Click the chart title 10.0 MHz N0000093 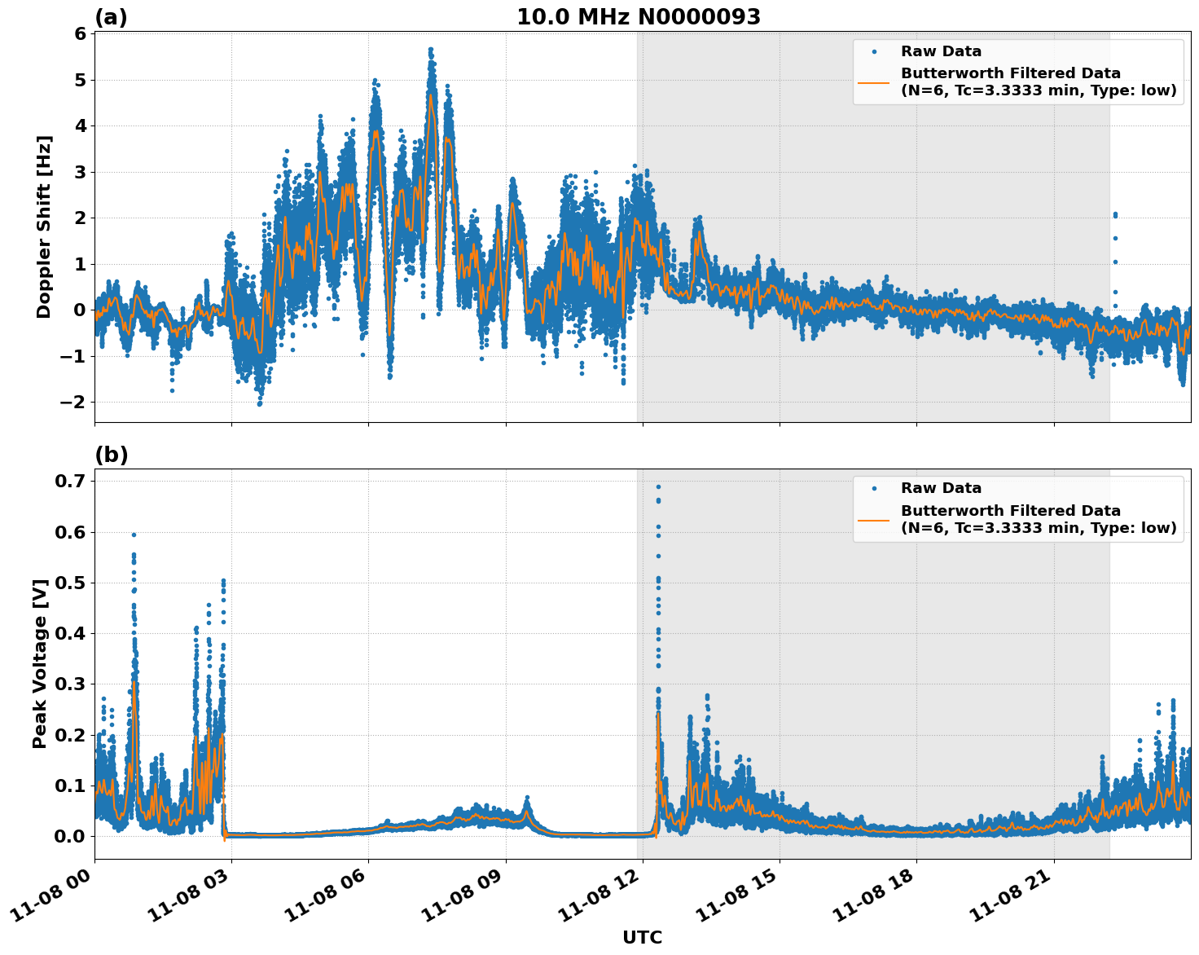pos(639,17)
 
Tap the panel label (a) pos(111,17)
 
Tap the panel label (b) pos(111,455)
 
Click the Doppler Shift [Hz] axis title pos(44,227)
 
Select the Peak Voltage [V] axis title pos(40,663)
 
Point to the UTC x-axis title pos(642,937)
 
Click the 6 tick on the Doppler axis pos(80,33)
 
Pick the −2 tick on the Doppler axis pos(73,402)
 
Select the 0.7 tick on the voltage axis pos(72,482)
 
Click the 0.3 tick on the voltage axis pos(72,684)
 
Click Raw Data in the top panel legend pos(941,51)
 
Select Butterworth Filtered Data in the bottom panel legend pos(1010,511)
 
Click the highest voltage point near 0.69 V pos(658,487)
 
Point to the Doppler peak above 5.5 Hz pos(431,50)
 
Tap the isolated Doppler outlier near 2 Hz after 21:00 pos(1115,215)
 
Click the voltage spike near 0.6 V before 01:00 pos(134,535)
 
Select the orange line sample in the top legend pos(874,81)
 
